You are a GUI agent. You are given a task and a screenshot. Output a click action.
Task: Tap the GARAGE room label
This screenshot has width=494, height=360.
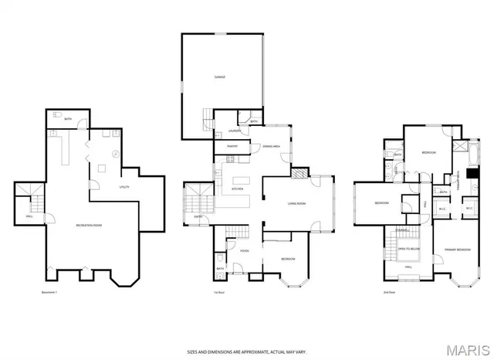click(x=220, y=77)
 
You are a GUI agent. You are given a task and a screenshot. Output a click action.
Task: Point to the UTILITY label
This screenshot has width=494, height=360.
click(x=123, y=187)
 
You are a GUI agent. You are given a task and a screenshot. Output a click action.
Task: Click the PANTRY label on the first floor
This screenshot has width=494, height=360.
click(x=232, y=146)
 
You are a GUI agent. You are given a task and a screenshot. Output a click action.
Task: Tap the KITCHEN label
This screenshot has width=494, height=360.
click(x=238, y=188)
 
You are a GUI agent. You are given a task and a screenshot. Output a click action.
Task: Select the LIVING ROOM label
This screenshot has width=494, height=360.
click(x=297, y=203)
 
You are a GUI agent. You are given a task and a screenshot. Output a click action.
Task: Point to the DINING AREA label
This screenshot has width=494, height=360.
click(x=271, y=146)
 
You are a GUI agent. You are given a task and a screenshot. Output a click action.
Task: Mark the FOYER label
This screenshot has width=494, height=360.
click(x=244, y=250)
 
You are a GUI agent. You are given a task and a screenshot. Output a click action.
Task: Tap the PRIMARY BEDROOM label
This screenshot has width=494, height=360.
click(x=458, y=250)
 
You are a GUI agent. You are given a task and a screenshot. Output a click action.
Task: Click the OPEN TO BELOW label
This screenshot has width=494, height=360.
click(x=408, y=250)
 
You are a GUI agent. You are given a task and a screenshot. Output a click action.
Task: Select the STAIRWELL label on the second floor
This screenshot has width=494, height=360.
click(x=402, y=229)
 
